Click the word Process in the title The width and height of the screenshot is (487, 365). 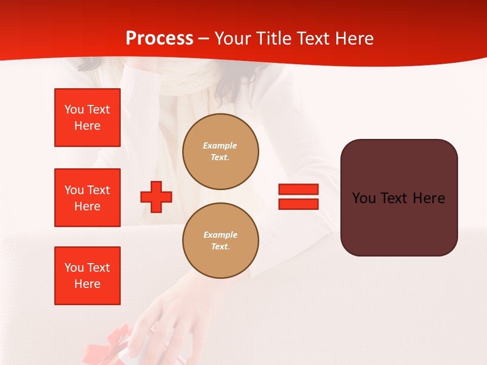(159, 39)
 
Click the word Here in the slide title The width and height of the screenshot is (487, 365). (355, 39)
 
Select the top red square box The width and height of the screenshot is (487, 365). (87, 118)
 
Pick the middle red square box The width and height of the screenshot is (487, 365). (87, 198)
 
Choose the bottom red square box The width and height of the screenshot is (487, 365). (87, 276)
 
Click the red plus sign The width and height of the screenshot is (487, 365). (156, 197)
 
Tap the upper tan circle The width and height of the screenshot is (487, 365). (221, 152)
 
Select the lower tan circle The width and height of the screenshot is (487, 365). (221, 241)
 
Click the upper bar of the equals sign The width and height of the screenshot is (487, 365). (298, 190)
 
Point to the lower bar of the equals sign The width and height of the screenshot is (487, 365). (298, 204)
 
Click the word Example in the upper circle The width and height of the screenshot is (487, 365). (220, 145)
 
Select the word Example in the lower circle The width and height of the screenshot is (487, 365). (220, 235)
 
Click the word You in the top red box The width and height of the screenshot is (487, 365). (74, 109)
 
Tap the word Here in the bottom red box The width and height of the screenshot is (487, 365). (87, 284)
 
